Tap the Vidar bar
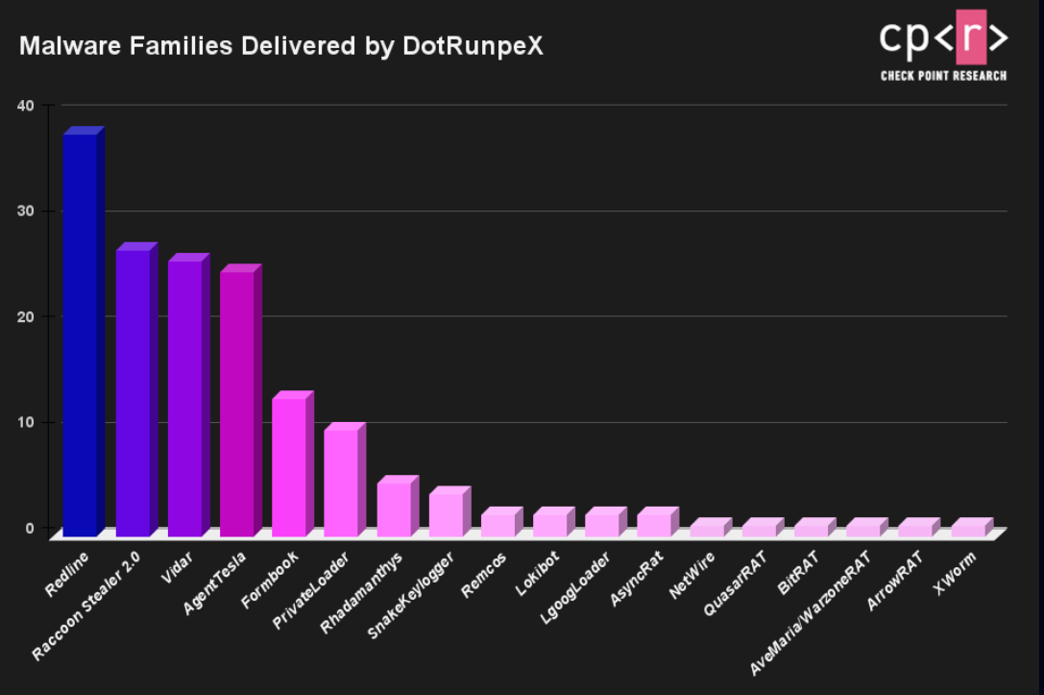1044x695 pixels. click(184, 398)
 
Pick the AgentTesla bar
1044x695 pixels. click(236, 404)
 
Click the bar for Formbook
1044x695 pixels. click(289, 466)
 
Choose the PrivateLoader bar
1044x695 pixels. click(341, 482)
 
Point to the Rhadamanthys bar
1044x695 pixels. click(393, 509)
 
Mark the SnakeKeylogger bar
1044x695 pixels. click(446, 514)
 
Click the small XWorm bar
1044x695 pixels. click(967, 529)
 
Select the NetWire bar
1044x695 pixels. click(707, 529)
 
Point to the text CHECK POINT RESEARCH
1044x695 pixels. click(943, 76)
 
